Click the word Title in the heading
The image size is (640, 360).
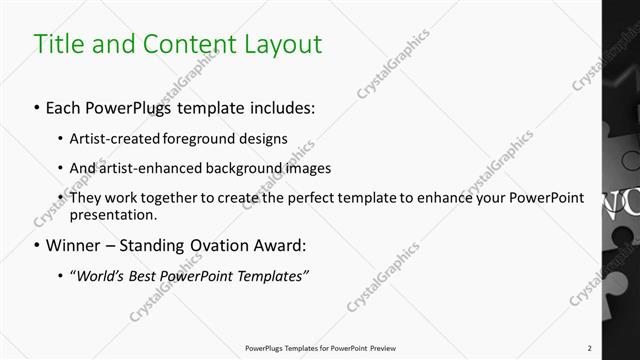coord(58,45)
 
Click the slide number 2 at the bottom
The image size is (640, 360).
coord(591,348)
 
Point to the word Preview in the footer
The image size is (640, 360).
coord(392,348)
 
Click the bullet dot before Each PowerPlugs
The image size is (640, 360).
coord(36,105)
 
